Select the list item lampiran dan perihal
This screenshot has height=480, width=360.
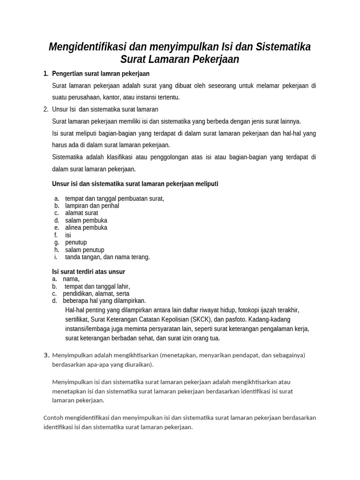coord(92,206)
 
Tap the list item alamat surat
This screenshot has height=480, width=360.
coord(82,213)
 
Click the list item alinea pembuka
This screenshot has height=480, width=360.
coord(86,228)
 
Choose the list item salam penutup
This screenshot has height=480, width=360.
coord(85,250)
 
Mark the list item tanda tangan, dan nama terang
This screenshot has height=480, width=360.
coord(107,257)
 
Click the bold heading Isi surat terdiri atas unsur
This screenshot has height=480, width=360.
coord(88,272)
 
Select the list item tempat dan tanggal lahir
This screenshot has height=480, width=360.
coord(97,286)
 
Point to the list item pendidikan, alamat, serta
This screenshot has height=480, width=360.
coord(96,293)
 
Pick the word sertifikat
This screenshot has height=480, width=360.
coord(78,319)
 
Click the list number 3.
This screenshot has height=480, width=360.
coord(46,355)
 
